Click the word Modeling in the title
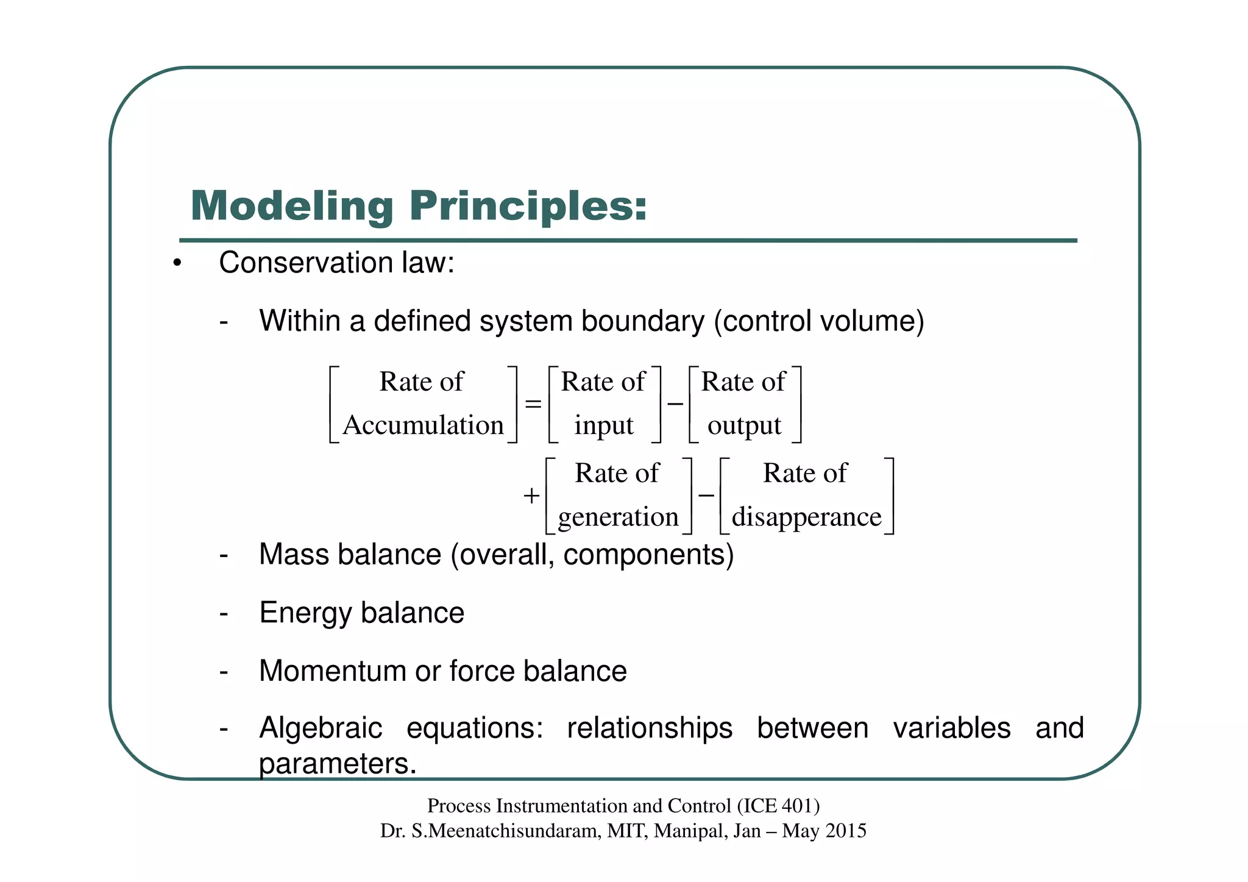[292, 206]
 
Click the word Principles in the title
[528, 206]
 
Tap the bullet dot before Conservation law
[177, 264]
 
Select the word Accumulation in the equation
[423, 425]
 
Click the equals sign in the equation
[533, 404]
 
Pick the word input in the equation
[603, 425]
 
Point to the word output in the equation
[744, 425]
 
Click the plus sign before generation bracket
[531, 496]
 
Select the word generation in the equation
[618, 517]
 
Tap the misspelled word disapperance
[806, 517]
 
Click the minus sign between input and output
[675, 404]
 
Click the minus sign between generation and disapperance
[706, 496]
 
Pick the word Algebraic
[321, 728]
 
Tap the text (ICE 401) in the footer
[778, 806]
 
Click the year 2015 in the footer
[846, 831]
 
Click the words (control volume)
[819, 321]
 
